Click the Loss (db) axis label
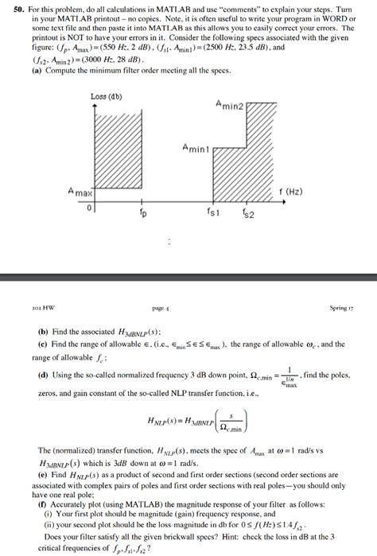[x=106, y=96]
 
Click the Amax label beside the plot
[x=81, y=192]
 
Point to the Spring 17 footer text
[x=342, y=307]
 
